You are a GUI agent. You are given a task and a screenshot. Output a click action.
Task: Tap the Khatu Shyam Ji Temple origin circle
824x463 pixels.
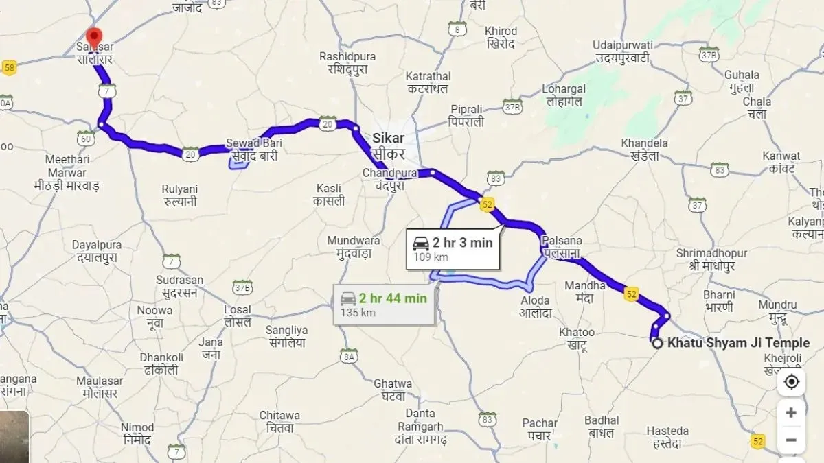coord(657,344)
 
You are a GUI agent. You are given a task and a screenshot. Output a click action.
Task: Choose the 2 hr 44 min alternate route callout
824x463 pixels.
coord(384,304)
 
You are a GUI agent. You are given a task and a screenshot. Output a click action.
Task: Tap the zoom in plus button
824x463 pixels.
coord(791,413)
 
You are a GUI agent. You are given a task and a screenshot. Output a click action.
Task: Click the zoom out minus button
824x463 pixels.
coord(791,440)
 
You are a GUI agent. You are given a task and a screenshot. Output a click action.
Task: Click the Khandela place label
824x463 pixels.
coord(639,149)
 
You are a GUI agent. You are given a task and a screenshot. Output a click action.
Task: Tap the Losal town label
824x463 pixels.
coord(237,316)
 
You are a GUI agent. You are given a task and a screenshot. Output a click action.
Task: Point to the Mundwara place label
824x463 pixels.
coord(354,247)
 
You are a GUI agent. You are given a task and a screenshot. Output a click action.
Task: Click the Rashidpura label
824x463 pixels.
coord(349,63)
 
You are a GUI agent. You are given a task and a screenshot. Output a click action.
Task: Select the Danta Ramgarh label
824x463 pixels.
coord(420,420)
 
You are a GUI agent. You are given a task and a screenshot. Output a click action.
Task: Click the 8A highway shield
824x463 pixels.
coord(350,356)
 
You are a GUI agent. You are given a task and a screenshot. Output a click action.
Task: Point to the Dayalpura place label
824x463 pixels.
coord(97,252)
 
